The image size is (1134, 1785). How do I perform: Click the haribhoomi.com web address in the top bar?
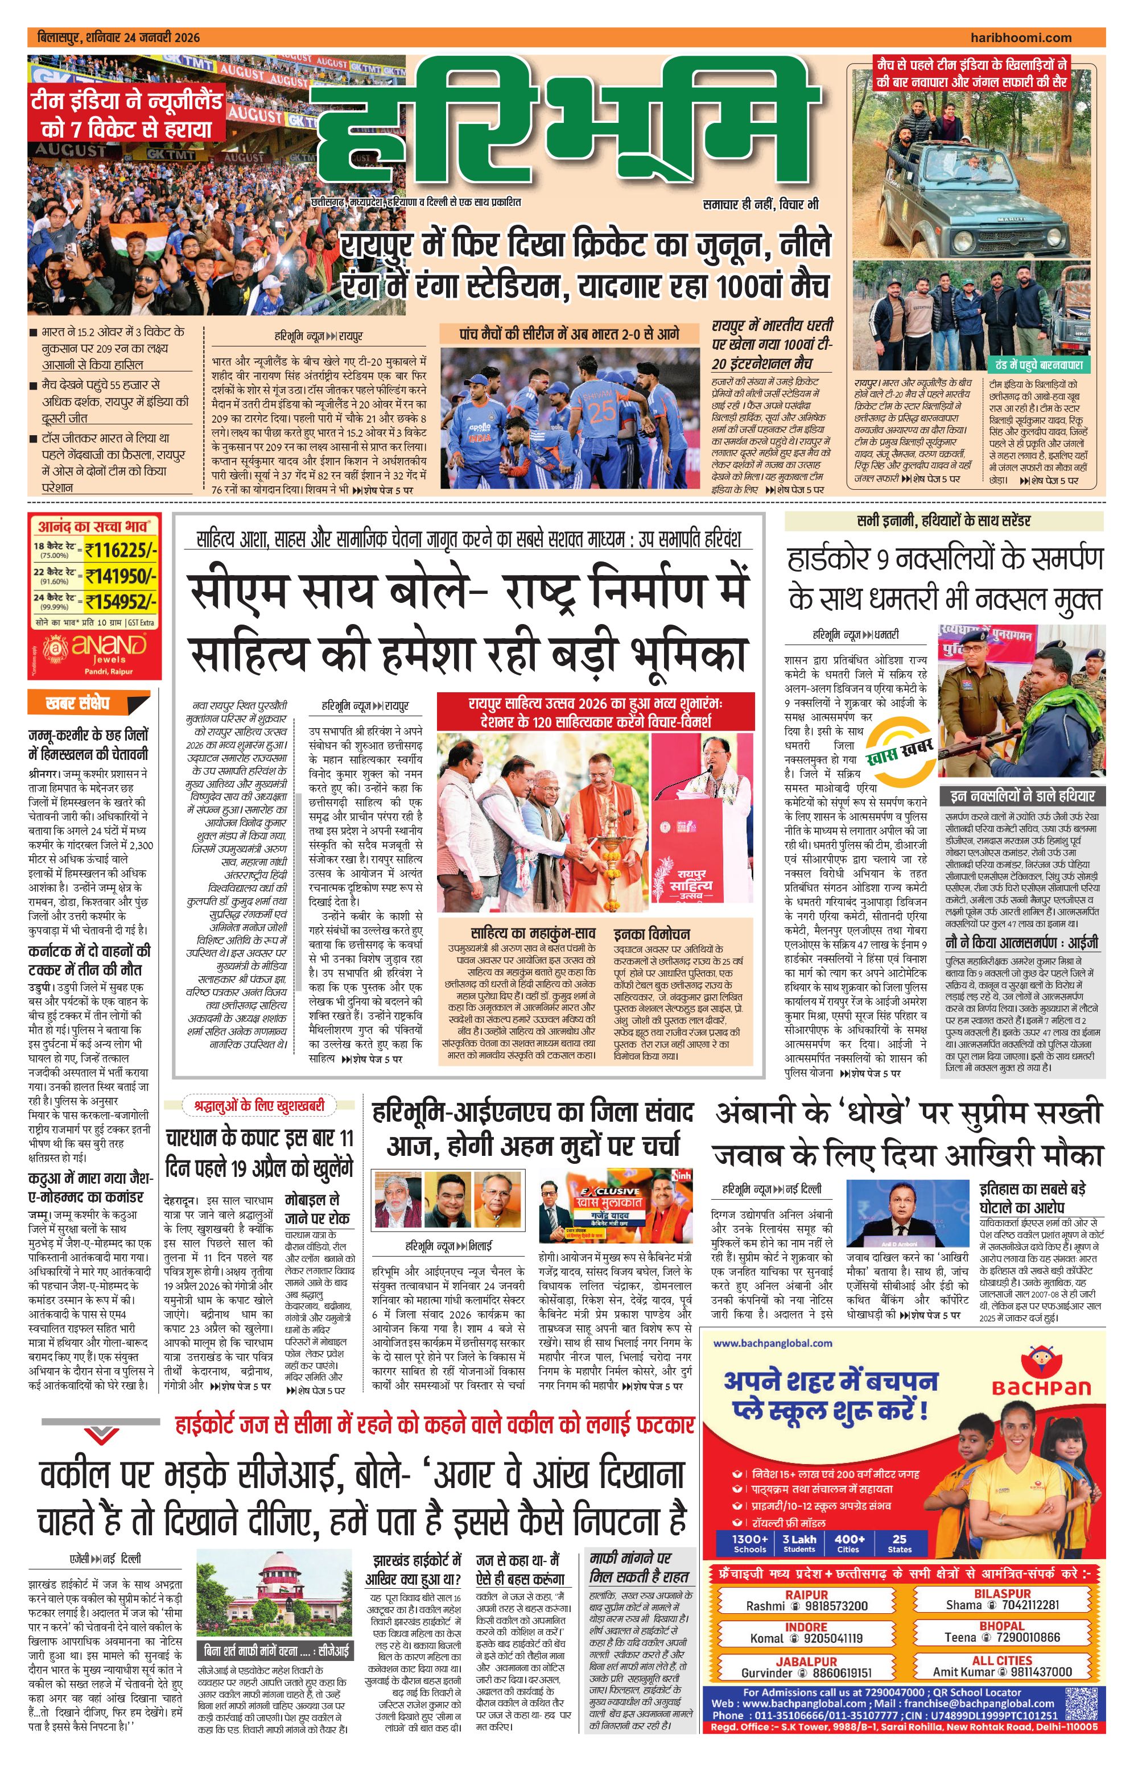[x=1020, y=38]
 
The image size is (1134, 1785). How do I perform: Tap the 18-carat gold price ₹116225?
[x=121, y=549]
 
